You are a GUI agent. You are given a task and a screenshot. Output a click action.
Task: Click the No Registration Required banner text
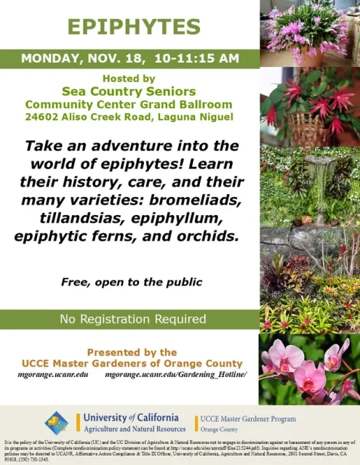click(132, 319)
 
